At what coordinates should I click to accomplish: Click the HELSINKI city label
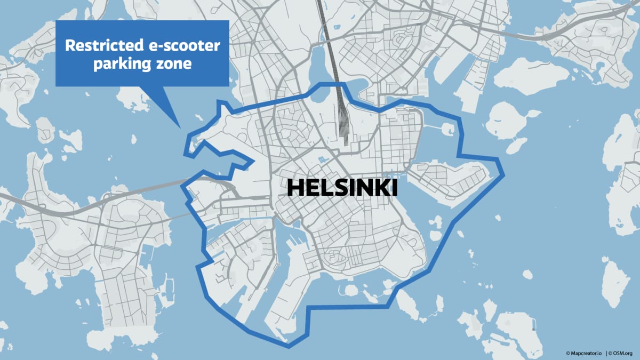pos(342,188)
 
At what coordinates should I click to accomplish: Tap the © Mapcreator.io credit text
pos(585,353)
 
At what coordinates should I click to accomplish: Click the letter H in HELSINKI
pos(296,188)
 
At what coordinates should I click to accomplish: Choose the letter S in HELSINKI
pos(335,188)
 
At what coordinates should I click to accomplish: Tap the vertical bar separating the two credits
pos(606,353)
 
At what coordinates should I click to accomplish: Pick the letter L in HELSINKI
pos(323,188)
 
